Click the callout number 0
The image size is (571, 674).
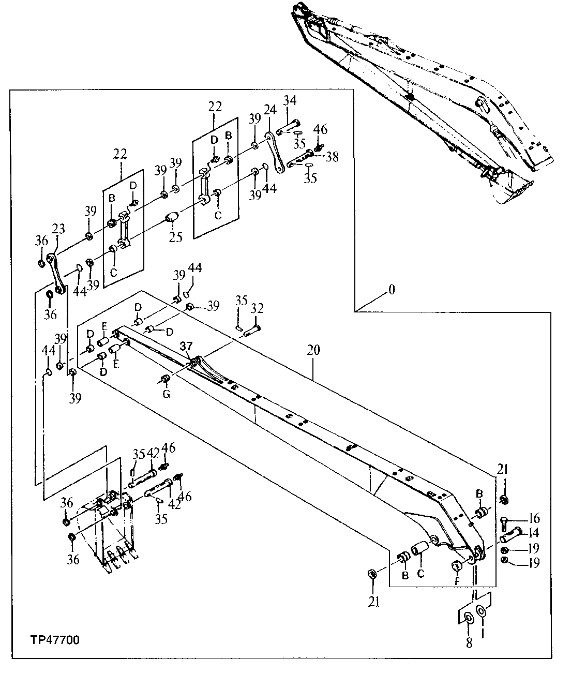click(392, 290)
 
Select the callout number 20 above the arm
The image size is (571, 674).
click(313, 350)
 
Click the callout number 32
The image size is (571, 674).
click(257, 309)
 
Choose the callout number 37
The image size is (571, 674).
click(186, 346)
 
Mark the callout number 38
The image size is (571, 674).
click(332, 157)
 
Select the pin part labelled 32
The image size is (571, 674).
click(252, 329)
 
